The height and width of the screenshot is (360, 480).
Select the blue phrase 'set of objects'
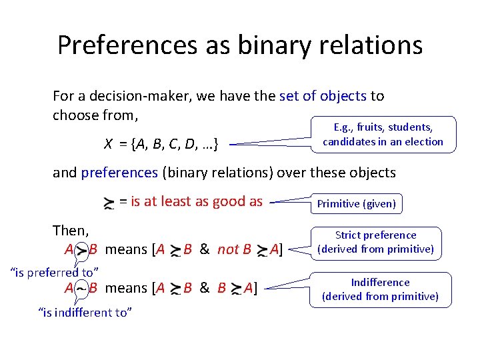(x=323, y=95)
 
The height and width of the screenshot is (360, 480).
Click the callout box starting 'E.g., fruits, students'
(x=383, y=134)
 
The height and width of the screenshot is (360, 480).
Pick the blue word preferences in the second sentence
(x=119, y=173)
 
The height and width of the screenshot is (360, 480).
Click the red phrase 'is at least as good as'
(x=197, y=201)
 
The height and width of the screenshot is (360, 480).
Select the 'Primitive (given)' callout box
(x=356, y=204)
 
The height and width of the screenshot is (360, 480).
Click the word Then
(x=71, y=231)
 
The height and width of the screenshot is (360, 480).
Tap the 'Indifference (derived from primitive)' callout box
(x=380, y=289)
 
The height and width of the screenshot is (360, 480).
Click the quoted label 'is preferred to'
(x=55, y=271)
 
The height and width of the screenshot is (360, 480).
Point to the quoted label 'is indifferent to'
(x=85, y=311)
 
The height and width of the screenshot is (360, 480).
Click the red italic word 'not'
(x=227, y=249)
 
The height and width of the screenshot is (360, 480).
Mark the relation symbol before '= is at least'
(x=108, y=203)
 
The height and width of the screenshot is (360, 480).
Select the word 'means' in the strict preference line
(x=126, y=249)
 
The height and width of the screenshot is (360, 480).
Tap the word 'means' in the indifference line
(x=126, y=288)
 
